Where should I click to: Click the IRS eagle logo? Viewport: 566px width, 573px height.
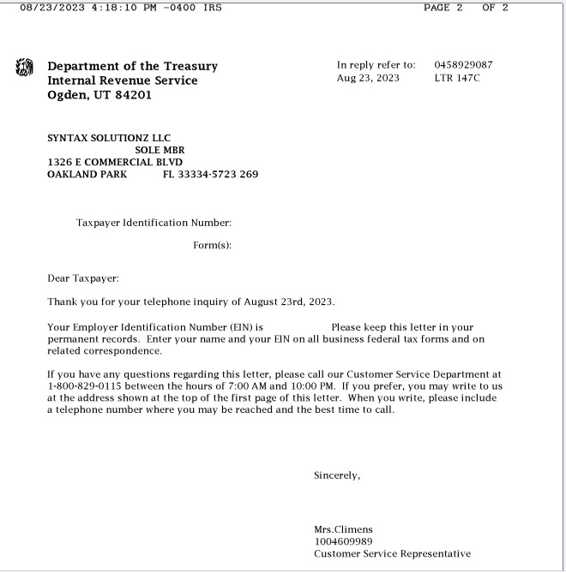point(24,67)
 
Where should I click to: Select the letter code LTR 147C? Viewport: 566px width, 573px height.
point(457,79)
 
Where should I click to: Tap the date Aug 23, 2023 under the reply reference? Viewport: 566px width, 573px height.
point(368,79)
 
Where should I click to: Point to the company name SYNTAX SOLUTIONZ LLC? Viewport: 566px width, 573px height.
point(109,138)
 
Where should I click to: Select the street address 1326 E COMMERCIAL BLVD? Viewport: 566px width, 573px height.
point(115,162)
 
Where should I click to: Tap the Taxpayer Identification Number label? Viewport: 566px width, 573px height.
point(154,223)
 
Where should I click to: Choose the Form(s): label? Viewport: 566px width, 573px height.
point(213,246)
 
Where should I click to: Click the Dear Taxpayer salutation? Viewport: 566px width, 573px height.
point(83,278)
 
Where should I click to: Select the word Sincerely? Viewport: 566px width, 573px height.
point(337,476)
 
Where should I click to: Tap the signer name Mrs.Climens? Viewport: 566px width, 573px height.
point(343,529)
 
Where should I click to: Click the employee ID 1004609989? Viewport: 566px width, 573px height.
point(343,541)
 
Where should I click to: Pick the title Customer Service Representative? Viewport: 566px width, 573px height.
point(392,554)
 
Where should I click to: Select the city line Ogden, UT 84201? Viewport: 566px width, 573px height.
point(99,95)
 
